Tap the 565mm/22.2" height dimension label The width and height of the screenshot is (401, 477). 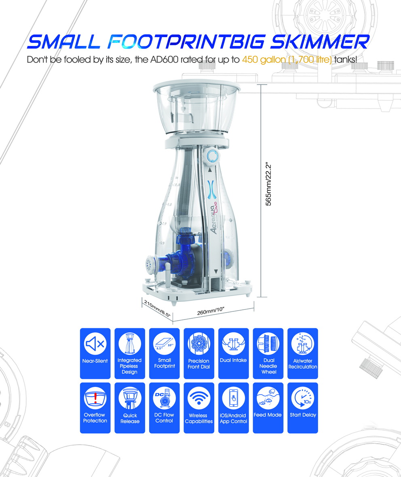tap(268, 184)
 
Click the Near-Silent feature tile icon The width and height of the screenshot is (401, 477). tap(95, 344)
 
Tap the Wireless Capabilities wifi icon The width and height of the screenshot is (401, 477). tap(198, 398)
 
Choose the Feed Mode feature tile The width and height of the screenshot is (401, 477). tap(268, 408)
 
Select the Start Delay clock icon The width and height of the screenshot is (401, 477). tap(302, 397)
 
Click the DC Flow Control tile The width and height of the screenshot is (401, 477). tap(164, 408)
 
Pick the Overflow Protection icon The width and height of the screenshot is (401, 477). tap(95, 398)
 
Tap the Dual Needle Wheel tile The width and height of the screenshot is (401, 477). tap(268, 353)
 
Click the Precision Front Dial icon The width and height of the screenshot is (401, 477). tap(198, 344)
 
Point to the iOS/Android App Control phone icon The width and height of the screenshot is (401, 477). tap(233, 398)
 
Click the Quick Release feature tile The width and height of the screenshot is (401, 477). tap(130, 408)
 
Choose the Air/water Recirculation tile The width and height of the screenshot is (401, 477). tap(302, 353)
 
